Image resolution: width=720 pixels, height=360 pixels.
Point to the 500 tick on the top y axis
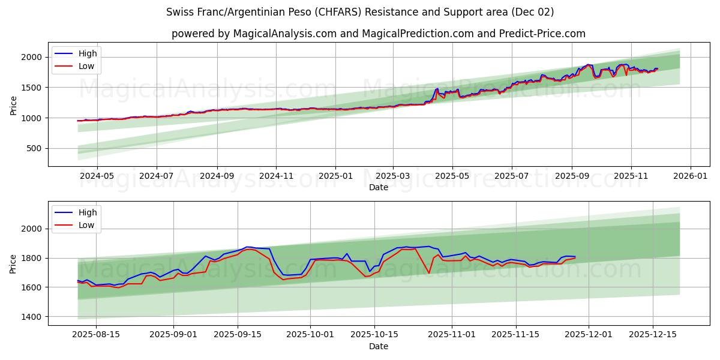tap(34, 148)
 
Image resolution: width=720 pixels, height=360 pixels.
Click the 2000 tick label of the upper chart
tap(31, 57)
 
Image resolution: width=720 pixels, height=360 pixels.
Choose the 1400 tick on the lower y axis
tap(31, 317)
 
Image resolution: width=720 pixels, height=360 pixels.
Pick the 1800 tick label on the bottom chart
tap(31, 258)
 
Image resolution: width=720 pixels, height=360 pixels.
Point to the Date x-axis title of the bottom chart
tap(379, 346)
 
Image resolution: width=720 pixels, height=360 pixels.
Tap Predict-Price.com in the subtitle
tap(542, 34)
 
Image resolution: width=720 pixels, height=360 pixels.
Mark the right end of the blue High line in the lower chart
tap(575, 257)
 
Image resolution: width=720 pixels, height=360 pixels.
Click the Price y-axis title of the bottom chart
tap(13, 263)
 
